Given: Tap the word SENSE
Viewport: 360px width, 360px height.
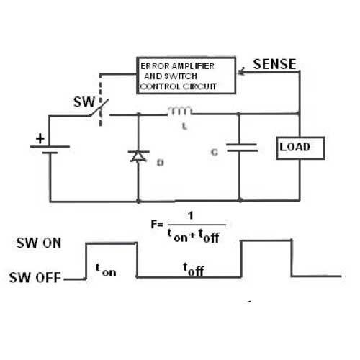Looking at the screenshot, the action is click(274, 64).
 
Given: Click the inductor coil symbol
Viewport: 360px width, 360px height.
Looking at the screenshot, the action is click(180, 111).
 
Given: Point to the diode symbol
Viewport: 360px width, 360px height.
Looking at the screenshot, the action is click(138, 156).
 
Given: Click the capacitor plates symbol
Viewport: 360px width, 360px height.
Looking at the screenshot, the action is click(242, 148).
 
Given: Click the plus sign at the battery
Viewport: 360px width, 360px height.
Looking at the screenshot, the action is click(40, 138).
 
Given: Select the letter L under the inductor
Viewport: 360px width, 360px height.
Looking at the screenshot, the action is click(184, 126).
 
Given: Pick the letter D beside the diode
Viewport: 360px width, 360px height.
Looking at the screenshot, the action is click(160, 163).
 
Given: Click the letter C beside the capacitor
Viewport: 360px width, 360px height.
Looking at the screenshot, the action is click(215, 152).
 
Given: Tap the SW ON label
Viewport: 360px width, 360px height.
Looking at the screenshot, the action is click(39, 243).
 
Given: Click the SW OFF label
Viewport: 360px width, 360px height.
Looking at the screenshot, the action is click(35, 278).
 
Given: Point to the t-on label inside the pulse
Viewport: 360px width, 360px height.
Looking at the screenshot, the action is click(106, 270).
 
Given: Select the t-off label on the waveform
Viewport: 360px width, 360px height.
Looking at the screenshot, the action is click(194, 269).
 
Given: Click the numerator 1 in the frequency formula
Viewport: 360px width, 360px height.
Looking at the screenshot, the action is click(191, 215).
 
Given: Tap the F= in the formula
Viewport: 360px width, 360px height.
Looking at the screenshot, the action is click(157, 225).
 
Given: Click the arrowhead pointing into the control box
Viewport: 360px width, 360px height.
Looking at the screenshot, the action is click(241, 71).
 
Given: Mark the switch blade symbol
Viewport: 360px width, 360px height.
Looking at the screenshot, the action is click(99, 107).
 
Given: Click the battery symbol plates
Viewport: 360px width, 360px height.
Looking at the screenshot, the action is click(50, 149).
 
